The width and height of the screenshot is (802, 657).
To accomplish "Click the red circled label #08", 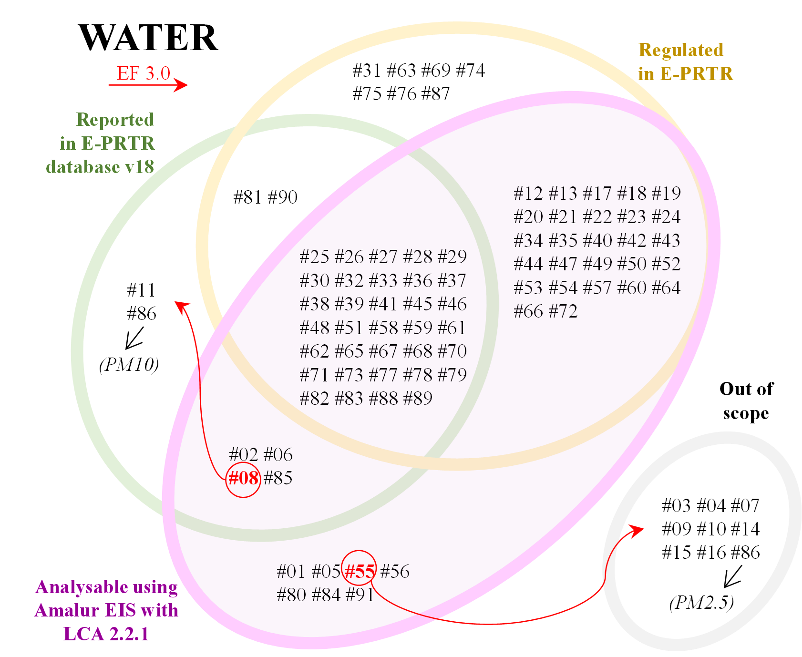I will pos(243,478).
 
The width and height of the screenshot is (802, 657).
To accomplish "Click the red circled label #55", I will pos(360,571).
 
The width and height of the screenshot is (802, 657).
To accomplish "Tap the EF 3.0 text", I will pos(144,73).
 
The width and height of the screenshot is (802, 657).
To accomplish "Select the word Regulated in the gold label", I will pos(681,50).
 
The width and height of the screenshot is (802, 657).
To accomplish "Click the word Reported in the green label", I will pos(115,120).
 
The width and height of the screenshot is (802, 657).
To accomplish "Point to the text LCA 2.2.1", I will pos(106,634).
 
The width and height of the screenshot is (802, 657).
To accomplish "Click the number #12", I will pos(528,194).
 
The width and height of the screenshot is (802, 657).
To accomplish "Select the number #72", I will pos(563,311).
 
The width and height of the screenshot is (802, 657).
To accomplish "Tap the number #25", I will pos(315,257).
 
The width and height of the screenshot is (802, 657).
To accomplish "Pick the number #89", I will pos(418,399).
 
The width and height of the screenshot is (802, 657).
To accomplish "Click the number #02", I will pos(244,455).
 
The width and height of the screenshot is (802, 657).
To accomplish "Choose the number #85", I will pos(278,478).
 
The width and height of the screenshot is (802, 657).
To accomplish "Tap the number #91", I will pos(360,595).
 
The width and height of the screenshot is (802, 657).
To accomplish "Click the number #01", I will pos(291,571).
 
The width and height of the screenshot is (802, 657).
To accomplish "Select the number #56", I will pos(395,571).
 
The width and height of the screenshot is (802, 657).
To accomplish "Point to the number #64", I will pos(666,288).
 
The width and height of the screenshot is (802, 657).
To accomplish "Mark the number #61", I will pos(452,328).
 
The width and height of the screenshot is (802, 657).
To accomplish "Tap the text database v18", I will pos(100,167).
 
